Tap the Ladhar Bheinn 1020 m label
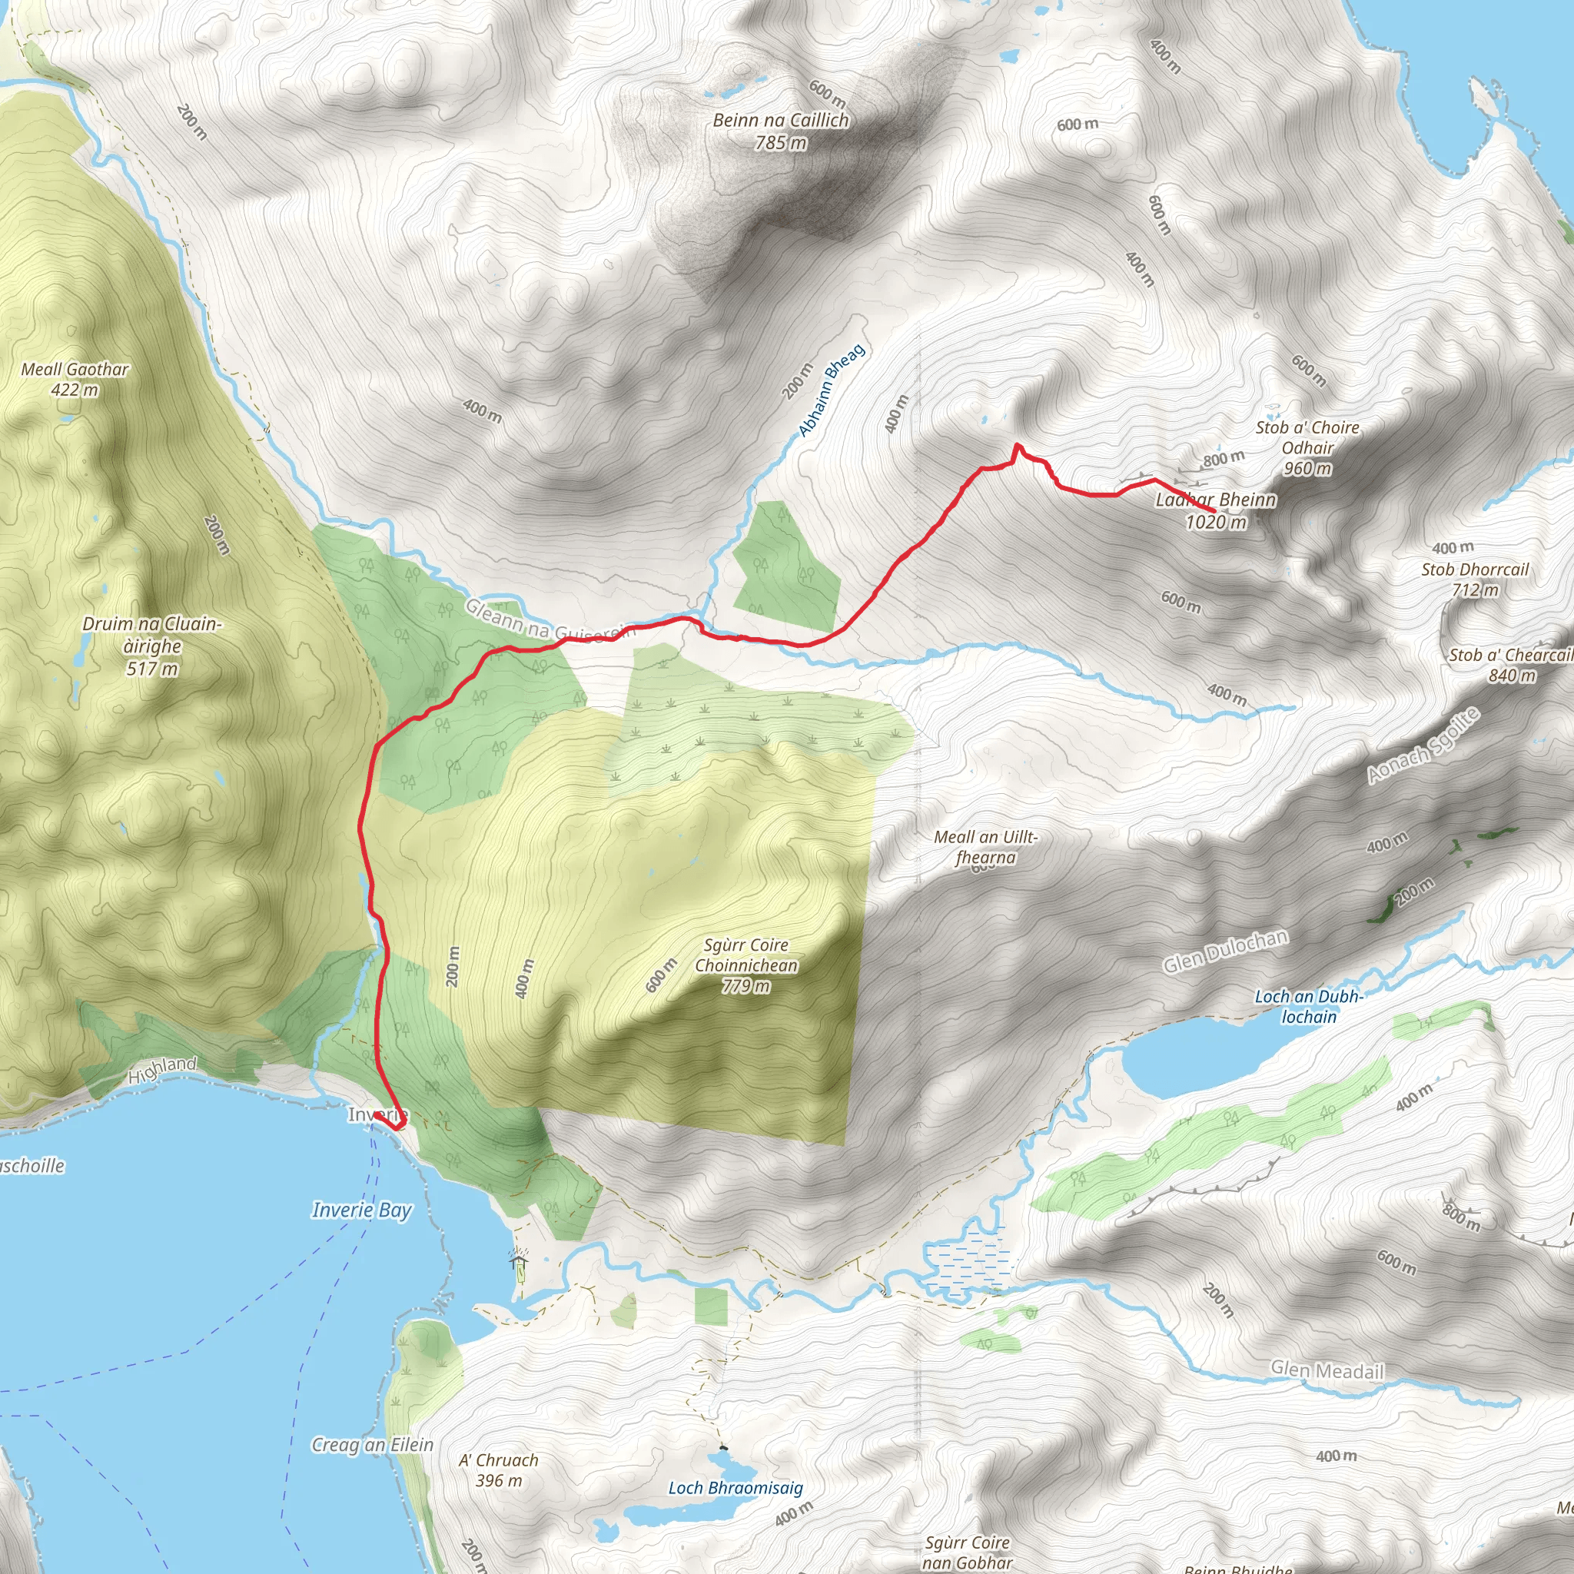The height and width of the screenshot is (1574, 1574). (1216, 511)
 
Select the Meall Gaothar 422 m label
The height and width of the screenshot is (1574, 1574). (75, 380)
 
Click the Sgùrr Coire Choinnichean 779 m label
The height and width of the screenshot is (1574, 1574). (746, 965)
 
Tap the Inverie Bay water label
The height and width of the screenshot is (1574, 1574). (362, 1210)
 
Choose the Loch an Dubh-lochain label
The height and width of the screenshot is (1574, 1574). (1308, 1007)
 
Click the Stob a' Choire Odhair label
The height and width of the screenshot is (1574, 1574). (1307, 447)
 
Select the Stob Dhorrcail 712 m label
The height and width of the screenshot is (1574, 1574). (1475, 579)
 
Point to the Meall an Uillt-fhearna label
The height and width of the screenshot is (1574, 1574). (986, 847)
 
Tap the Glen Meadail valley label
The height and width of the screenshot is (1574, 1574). (1327, 1370)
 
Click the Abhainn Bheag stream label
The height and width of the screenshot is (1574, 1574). (831, 390)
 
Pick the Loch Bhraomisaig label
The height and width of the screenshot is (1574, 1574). (735, 1488)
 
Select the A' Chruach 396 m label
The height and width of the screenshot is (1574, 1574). (499, 1470)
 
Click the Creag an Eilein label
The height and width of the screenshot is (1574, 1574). (372, 1444)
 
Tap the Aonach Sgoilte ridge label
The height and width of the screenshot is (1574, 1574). (1423, 746)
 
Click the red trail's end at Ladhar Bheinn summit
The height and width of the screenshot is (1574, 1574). (1215, 511)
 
